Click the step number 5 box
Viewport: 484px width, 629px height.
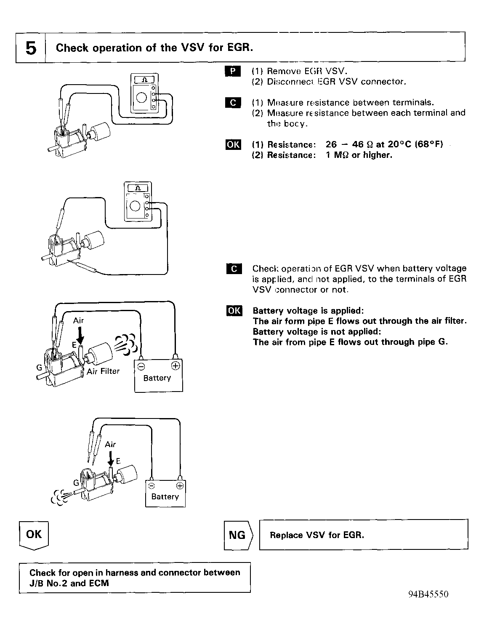click(30, 48)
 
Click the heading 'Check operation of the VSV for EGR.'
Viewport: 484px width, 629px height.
click(154, 48)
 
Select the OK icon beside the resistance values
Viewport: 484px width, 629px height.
click(233, 145)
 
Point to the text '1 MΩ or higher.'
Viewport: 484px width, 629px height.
click(359, 155)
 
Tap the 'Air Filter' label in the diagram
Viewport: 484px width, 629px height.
click(104, 371)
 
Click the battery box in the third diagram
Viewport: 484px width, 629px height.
click(158, 376)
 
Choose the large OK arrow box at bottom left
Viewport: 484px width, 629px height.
click(34, 535)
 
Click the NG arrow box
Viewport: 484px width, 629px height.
click(238, 535)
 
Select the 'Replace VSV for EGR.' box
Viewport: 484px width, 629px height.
click(364, 535)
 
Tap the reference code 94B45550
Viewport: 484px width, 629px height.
click(428, 594)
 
